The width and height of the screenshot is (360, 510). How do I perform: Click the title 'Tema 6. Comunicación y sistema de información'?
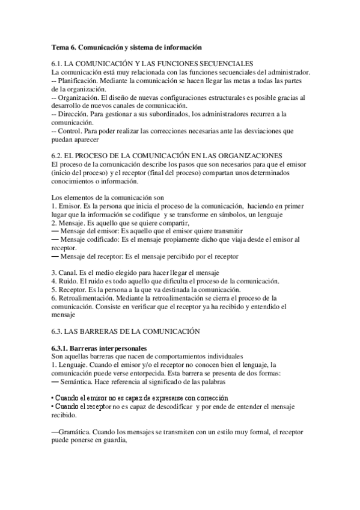(x=126, y=47)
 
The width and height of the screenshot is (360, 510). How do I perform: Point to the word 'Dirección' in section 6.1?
(x=75, y=114)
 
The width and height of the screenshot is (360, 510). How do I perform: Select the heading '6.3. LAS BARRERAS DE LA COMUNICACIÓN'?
(x=126, y=331)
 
